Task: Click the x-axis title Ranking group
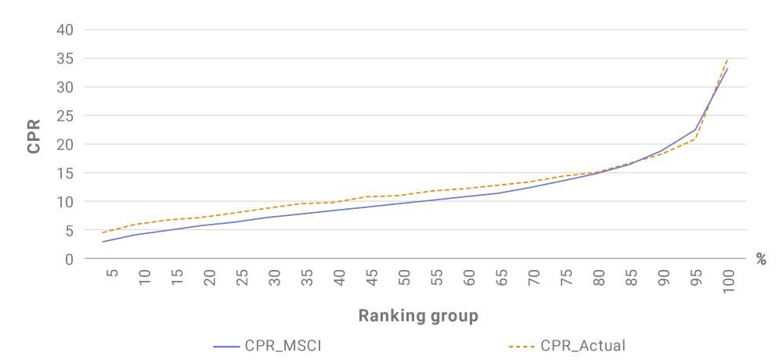click(x=418, y=315)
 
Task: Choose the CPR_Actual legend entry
click(x=567, y=345)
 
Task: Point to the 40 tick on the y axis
click(x=66, y=30)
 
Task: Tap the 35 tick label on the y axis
click(x=66, y=59)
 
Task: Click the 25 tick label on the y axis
click(x=66, y=116)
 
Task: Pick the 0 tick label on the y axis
click(x=70, y=259)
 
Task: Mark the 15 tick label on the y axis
click(x=66, y=173)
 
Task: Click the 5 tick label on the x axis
click(x=113, y=273)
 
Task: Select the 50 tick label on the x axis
click(x=405, y=276)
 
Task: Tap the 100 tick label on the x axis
click(x=728, y=281)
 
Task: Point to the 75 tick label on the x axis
click(x=567, y=276)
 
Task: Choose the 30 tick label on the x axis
click(x=275, y=276)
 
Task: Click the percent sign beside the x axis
click(x=761, y=259)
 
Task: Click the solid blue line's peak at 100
click(x=727, y=68)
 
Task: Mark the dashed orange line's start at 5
click(x=102, y=232)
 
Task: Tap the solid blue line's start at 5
click(x=102, y=242)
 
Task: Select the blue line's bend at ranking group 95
click(x=695, y=130)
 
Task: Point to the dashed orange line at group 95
click(x=695, y=139)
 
